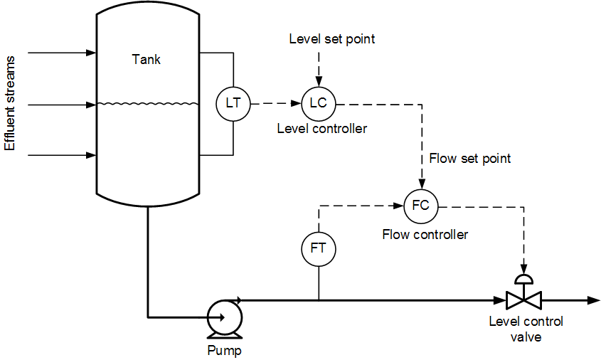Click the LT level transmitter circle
pos(233,103)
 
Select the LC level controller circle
pos(318,103)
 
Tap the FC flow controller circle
pos(421,206)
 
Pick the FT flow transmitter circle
pos(318,248)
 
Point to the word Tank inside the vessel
pos(147,60)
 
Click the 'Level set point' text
pos(331,39)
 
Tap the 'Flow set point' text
pos(469,158)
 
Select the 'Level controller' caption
pos(321,129)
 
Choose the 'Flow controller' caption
pos(425,234)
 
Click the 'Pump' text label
pos(224,351)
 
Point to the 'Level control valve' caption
pos(526,329)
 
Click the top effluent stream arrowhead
pos(91,53)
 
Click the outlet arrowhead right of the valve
pos(593,300)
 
